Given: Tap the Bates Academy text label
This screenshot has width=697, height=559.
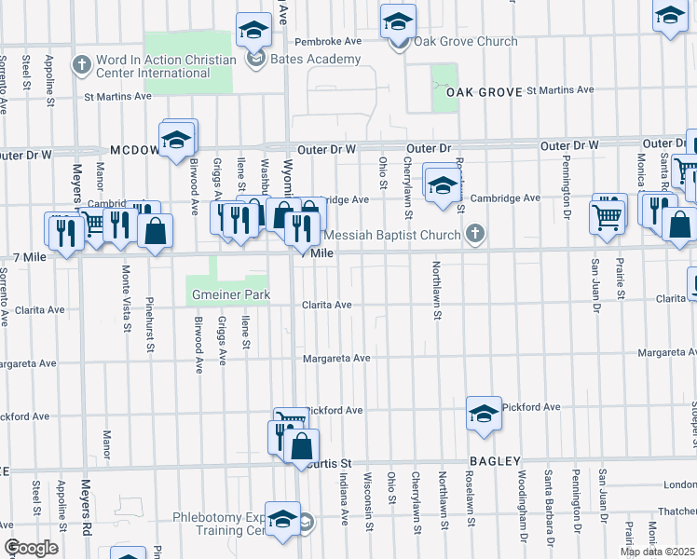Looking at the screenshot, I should tap(315, 60).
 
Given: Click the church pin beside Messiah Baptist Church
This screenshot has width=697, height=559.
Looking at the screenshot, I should tap(475, 234).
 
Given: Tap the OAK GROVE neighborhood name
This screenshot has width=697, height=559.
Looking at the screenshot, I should tap(485, 92).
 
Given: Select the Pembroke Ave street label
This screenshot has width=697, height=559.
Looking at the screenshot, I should tap(327, 42).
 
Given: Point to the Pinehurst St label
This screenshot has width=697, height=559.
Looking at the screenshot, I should tap(149, 325).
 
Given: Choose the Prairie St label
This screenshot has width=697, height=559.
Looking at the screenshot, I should tap(620, 281).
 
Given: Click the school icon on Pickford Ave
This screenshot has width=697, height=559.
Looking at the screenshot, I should tap(484, 415).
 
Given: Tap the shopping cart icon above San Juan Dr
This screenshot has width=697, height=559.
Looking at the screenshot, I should tap(607, 217).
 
